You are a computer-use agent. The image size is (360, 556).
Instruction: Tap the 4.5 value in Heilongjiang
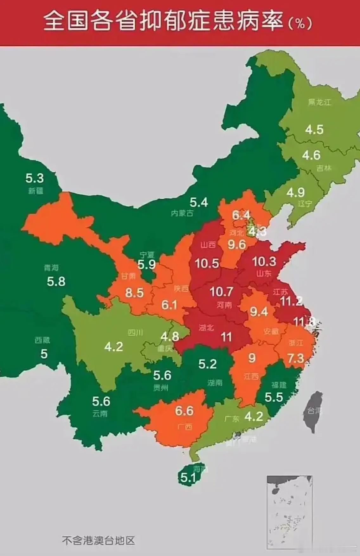click(314, 129)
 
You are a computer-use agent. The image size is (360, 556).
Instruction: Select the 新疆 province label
click(35, 191)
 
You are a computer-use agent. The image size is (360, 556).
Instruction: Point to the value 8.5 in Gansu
click(134, 293)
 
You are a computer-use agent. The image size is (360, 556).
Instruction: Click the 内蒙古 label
click(182, 213)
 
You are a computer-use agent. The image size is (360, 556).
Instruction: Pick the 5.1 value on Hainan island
click(188, 477)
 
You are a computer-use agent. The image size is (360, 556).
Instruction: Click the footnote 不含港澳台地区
click(99, 540)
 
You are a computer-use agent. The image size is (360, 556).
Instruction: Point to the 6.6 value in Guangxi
click(184, 411)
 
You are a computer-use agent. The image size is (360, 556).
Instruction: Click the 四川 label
click(135, 333)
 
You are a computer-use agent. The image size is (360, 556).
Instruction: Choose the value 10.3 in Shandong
click(264, 262)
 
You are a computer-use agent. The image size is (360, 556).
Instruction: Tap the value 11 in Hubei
click(226, 337)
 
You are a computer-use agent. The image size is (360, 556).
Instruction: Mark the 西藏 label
click(42, 340)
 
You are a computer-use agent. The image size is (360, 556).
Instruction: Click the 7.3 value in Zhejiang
click(295, 359)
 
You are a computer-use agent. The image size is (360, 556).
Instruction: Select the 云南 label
click(100, 414)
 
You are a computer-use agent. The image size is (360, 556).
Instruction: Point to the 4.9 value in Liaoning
click(295, 192)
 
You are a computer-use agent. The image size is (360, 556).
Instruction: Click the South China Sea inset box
click(290, 512)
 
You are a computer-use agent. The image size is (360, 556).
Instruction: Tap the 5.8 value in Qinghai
click(56, 281)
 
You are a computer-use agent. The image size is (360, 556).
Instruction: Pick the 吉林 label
click(324, 168)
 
